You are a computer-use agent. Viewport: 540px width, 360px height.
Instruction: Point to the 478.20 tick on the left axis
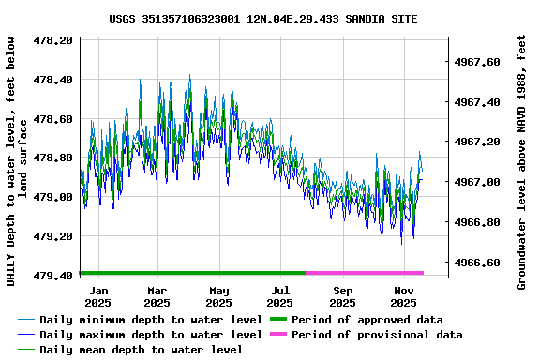pyautogui.click(x=53, y=40)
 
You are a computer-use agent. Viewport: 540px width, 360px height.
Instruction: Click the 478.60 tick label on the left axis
pyautogui.click(x=53, y=119)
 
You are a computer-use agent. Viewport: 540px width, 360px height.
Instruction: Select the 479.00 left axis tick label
pyautogui.click(x=53, y=197)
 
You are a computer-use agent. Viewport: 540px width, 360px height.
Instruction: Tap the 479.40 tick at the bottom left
pyautogui.click(x=53, y=276)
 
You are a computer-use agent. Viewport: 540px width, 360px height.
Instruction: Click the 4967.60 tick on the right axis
pyautogui.click(x=480, y=62)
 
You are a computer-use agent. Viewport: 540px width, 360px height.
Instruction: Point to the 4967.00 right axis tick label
pyautogui.click(x=480, y=182)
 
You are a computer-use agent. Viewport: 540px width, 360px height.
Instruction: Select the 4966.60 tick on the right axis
pyautogui.click(x=480, y=262)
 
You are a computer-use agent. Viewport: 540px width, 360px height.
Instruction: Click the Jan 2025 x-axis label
pyautogui.click(x=97, y=297)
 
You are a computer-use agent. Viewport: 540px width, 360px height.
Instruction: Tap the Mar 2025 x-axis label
pyautogui.click(x=157, y=297)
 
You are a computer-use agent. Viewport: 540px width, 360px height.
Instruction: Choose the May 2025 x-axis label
pyautogui.click(x=218, y=297)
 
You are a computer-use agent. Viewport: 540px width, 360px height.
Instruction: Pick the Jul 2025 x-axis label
pyautogui.click(x=280, y=297)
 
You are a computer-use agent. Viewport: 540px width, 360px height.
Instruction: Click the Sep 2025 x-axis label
pyautogui.click(x=342, y=297)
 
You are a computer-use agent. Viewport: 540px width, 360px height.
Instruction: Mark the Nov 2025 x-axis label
pyautogui.click(x=403, y=297)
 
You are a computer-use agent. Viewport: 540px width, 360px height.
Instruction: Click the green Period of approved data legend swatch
pyautogui.click(x=278, y=320)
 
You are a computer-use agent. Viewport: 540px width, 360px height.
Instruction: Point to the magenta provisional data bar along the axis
pyautogui.click(x=365, y=273)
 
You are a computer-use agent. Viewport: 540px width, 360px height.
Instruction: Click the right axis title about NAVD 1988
pyautogui.click(x=522, y=161)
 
